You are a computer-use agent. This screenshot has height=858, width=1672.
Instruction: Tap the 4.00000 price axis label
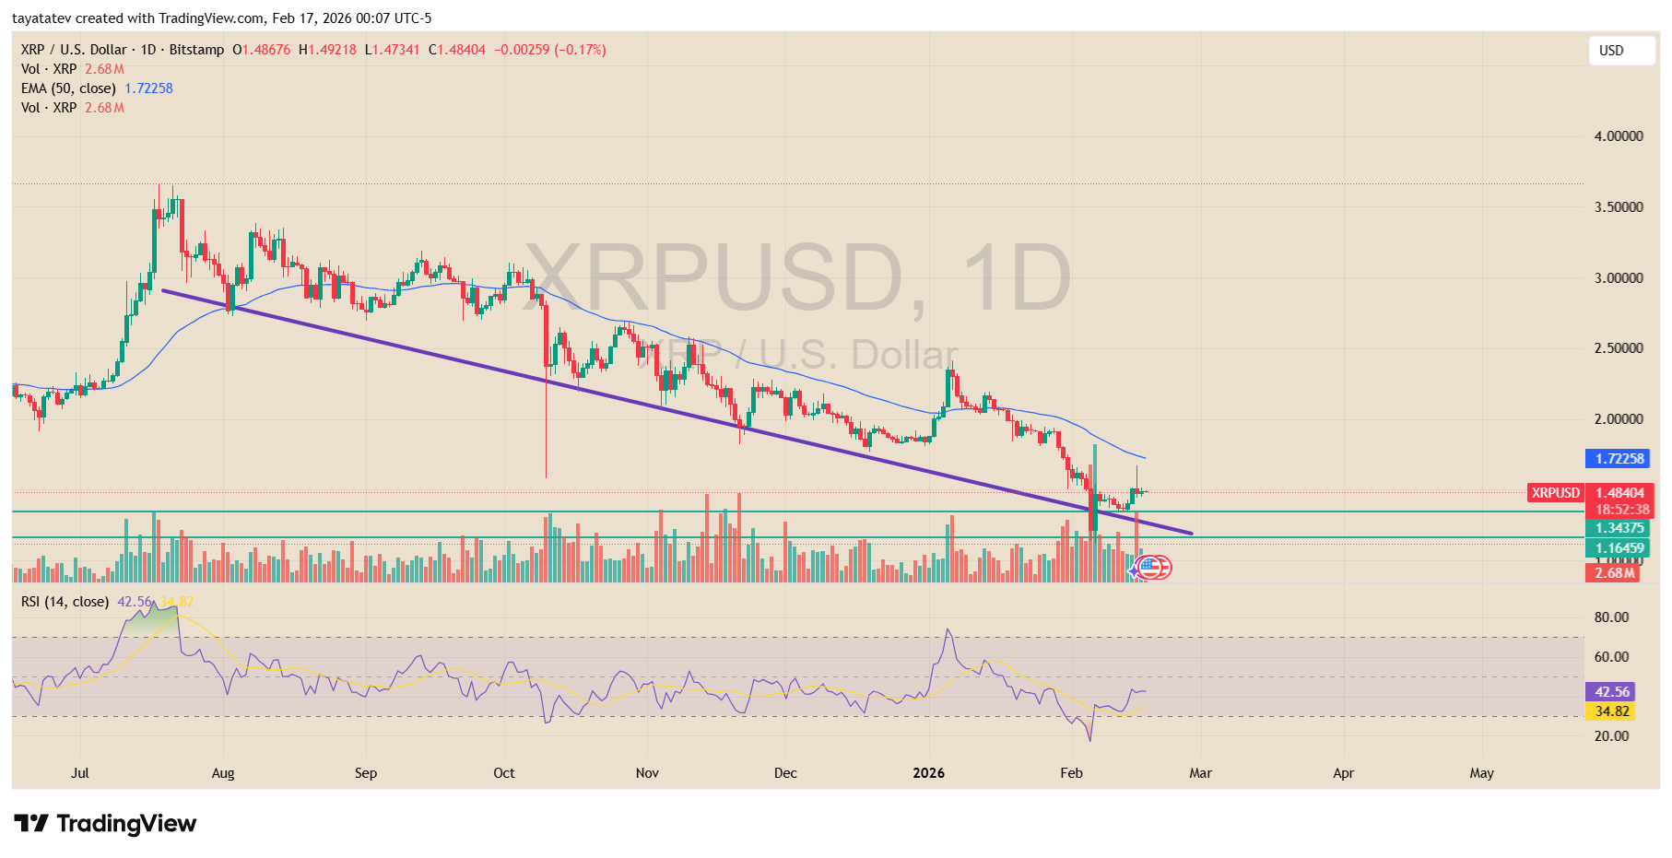1619,136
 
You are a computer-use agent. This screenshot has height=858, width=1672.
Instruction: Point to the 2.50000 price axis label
1619,348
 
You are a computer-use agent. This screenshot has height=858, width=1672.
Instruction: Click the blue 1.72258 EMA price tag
1619,459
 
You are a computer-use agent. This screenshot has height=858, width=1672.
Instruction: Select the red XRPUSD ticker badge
1555,493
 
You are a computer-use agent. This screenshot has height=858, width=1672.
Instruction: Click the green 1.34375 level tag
1619,528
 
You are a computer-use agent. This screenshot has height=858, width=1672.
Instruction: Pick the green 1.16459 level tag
1619,548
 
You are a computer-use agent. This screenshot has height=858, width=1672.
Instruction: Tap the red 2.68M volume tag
1614,573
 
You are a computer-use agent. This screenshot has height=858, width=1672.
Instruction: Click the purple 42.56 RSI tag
1611,692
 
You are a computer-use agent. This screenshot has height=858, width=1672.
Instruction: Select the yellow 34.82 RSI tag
1611,711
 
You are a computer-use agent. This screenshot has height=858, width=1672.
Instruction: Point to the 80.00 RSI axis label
1611,617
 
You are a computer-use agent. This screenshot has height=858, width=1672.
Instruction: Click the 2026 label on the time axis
928,773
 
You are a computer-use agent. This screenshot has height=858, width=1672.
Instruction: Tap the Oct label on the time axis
504,773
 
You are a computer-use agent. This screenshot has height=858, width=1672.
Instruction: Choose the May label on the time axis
1481,773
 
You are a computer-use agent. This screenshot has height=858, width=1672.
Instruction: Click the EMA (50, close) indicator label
68,88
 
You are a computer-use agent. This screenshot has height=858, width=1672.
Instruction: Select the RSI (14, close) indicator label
65,602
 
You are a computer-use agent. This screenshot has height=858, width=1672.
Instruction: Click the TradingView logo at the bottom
105,823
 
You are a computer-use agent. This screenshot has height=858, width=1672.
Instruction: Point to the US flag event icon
1156,568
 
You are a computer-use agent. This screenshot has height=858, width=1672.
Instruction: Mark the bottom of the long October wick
546,476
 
